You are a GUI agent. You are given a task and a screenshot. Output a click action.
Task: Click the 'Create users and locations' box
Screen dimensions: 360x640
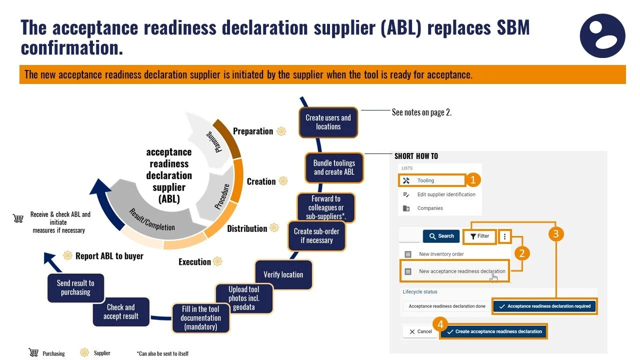coord(328,122)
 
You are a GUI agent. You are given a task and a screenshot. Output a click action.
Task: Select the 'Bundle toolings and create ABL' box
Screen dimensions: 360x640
coord(334,167)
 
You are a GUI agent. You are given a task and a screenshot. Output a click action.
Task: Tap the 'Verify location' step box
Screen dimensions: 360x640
coord(283,274)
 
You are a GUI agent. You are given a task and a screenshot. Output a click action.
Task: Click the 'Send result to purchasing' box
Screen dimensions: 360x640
coord(75,287)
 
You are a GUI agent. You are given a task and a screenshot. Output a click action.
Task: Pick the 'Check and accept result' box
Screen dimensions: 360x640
coord(120,311)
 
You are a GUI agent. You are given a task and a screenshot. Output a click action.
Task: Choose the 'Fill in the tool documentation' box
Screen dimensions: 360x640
coord(200,318)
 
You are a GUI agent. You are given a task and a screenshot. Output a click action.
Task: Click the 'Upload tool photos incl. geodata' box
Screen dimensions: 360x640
coord(244,298)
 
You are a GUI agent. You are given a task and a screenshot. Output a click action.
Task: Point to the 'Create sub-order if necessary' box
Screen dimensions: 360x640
coord(316,235)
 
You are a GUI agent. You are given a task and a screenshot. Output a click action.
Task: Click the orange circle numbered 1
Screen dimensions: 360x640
coord(473,180)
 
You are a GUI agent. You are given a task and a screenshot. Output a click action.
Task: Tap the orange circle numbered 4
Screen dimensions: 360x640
coord(440,324)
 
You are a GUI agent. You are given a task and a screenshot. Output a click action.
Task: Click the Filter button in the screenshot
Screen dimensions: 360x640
coord(479,236)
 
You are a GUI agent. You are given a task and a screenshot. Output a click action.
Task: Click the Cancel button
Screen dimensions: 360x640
coord(420,331)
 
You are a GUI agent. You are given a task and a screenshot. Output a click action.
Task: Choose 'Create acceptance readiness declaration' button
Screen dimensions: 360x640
coord(493,331)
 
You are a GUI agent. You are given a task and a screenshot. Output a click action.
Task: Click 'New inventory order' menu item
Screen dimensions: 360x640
coord(441,254)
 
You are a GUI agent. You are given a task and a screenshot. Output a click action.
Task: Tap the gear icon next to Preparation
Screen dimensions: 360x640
coord(281,131)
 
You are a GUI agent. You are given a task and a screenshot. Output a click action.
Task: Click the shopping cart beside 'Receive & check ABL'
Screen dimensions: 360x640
coord(18,218)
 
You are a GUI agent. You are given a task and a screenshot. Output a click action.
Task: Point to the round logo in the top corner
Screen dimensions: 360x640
coord(602,35)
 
